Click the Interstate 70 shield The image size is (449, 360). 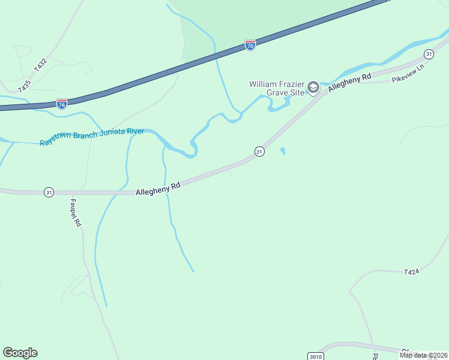(x=250, y=46)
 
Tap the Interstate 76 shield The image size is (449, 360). (x=62, y=104)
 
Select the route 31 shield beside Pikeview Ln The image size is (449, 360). (x=428, y=54)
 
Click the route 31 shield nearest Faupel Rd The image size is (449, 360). (x=49, y=192)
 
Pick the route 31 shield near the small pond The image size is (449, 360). (x=259, y=152)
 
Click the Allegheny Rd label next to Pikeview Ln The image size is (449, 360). (x=350, y=83)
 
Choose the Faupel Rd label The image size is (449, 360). (x=76, y=213)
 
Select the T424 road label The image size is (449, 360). (x=411, y=272)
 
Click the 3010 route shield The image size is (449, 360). (x=315, y=356)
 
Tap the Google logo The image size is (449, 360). (x=20, y=353)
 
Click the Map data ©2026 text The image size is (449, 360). (x=423, y=355)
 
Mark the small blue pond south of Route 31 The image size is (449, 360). (x=282, y=151)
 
